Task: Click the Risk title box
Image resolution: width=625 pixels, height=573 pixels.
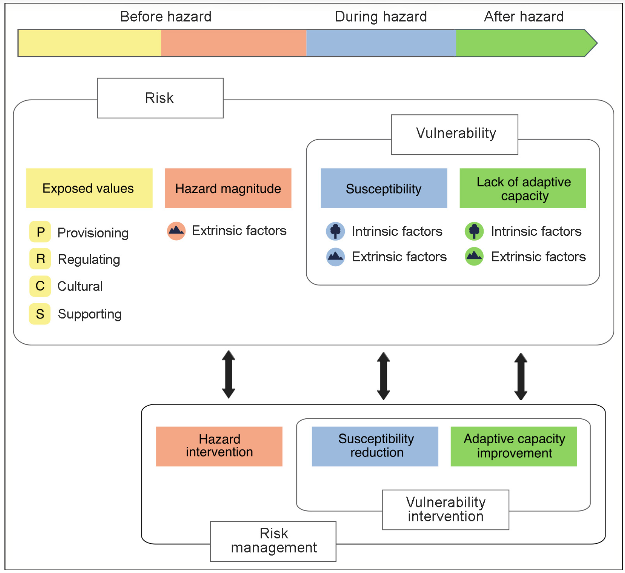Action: [160, 98]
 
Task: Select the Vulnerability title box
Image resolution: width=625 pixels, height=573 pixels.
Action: [455, 134]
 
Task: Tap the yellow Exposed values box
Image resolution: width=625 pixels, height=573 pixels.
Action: [89, 188]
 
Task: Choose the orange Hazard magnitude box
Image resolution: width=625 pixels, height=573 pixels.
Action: [228, 188]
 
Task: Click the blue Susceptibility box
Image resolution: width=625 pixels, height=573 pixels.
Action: [384, 188]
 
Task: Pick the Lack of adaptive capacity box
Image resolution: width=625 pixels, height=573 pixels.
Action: [523, 188]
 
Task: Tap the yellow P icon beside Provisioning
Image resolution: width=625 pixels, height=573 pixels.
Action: [40, 232]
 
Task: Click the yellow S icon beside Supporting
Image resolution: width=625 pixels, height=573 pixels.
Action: [40, 314]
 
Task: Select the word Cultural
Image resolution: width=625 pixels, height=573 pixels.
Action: [80, 286]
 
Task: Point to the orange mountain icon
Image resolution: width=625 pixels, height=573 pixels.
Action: [176, 231]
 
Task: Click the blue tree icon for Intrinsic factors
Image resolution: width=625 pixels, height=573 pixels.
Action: [335, 231]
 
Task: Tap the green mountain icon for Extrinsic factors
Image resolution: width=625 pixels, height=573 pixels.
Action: [474, 256]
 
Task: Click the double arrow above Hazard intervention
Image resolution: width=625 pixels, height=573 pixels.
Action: [228, 374]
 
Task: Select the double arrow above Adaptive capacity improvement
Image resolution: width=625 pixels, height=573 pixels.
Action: [521, 376]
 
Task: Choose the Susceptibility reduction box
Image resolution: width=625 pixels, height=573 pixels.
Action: [375, 446]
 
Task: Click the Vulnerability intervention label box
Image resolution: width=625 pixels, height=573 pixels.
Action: [446, 510]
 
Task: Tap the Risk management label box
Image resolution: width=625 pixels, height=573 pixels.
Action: [273, 541]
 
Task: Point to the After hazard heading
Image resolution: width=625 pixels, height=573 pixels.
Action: [523, 16]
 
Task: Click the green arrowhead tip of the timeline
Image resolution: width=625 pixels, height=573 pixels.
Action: [592, 43]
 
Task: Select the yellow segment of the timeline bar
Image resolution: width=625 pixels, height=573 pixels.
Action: [89, 43]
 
